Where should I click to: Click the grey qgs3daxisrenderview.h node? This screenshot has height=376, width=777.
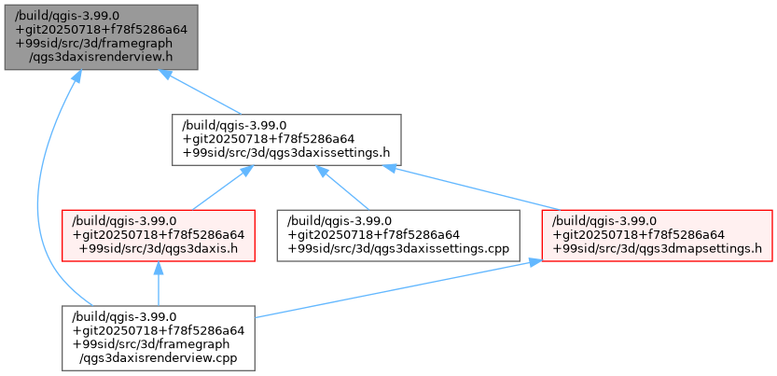click(x=100, y=35)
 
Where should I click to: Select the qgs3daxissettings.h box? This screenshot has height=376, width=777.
click(x=286, y=139)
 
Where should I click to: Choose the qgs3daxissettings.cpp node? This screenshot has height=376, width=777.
click(x=397, y=234)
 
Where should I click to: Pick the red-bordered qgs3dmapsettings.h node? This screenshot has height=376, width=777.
click(x=658, y=234)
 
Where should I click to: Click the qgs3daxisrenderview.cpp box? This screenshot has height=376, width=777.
click(x=158, y=337)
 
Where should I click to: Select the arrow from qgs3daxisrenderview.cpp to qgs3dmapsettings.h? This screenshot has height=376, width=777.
click(x=392, y=289)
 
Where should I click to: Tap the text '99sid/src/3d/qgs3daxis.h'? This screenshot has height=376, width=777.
click(x=160, y=248)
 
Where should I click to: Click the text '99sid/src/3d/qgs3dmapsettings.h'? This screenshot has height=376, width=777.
click(x=659, y=248)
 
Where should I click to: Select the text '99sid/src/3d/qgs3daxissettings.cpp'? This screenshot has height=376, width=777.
click(x=398, y=248)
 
